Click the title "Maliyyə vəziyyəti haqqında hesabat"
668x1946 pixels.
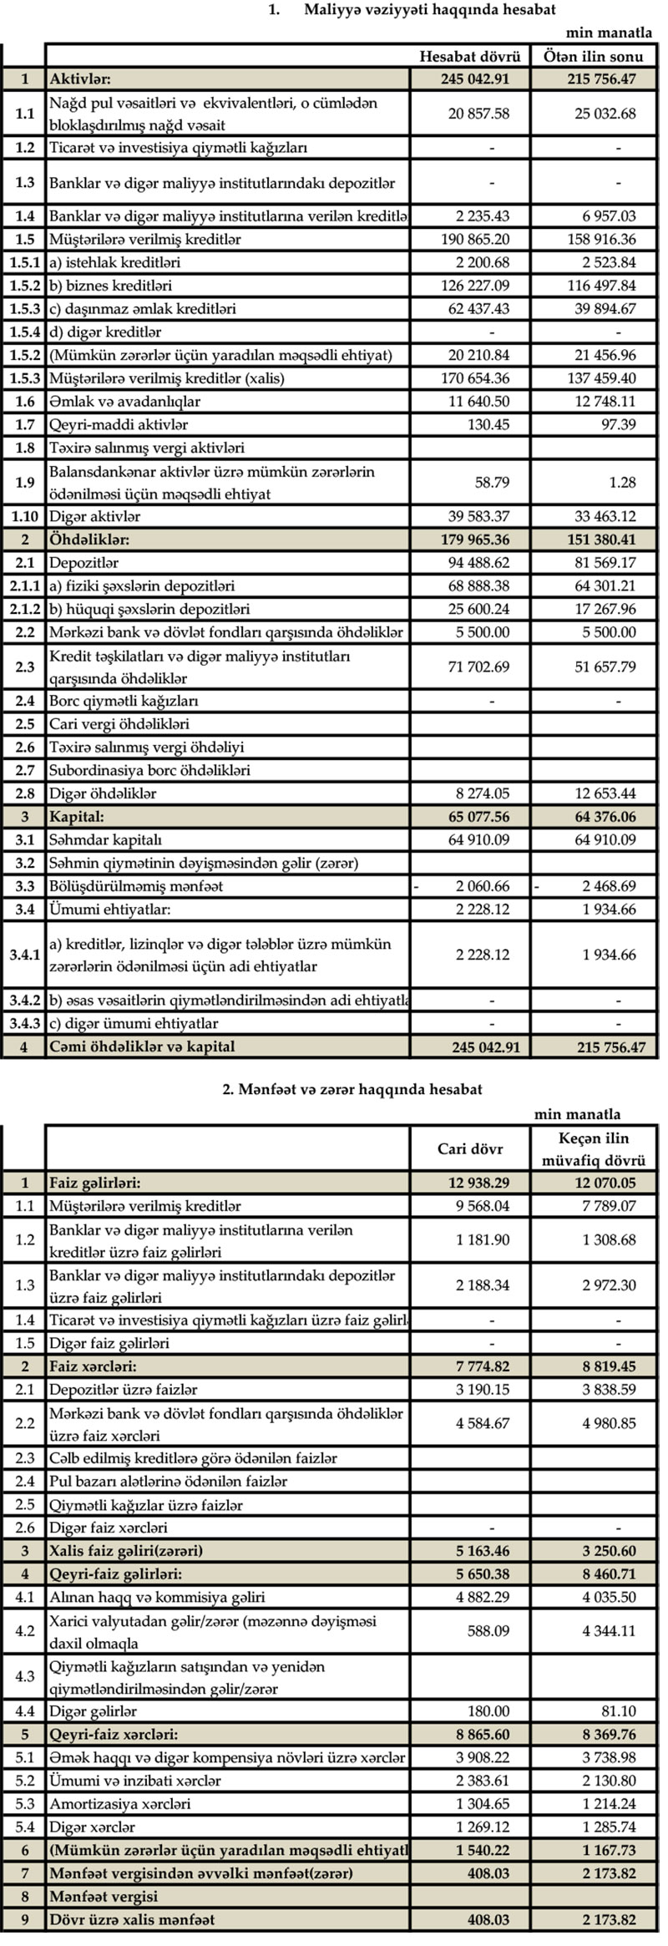pos(430,10)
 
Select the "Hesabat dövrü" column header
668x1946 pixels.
pos(470,56)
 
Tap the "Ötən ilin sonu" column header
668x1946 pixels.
pos(594,56)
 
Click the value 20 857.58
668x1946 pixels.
pos(478,114)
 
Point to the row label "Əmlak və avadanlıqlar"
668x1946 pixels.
pos(124,401)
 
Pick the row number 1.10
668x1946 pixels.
pos(24,516)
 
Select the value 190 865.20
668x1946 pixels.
pos(475,239)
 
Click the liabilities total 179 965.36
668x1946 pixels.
pos(474,540)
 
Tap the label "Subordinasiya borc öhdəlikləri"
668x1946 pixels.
pos(149,770)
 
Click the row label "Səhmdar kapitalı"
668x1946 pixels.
pos(105,839)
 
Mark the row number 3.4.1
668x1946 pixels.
pos(24,955)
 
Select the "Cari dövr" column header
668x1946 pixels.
pos(470,1148)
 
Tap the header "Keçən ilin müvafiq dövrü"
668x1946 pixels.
pos(594,1148)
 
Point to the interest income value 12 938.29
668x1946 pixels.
pos(474,1183)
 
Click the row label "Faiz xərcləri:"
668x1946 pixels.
pos(93,1366)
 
